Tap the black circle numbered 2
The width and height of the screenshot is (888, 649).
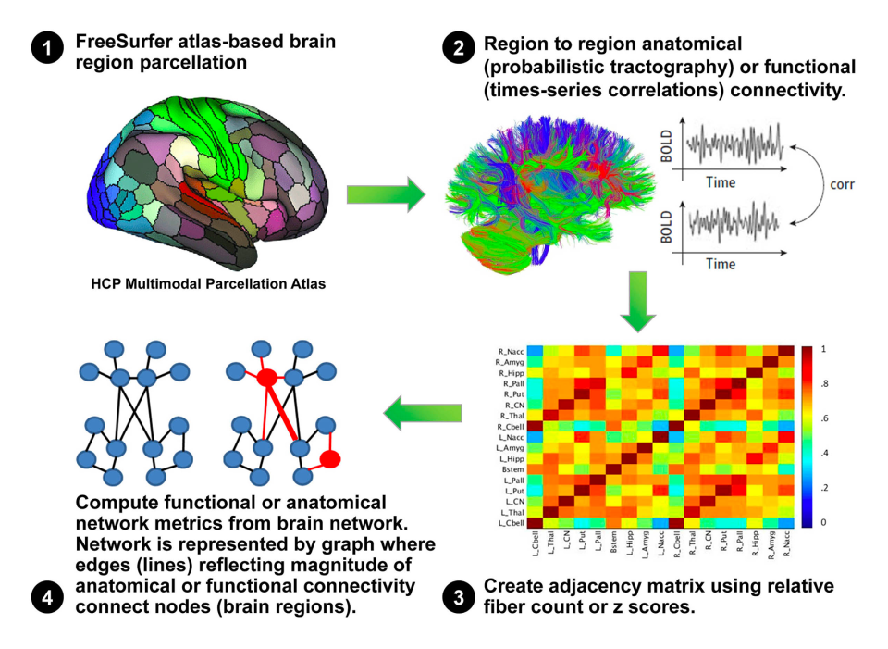click(x=460, y=48)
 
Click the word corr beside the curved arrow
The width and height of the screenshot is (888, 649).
click(x=843, y=184)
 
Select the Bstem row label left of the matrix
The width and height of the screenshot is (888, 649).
click(x=514, y=469)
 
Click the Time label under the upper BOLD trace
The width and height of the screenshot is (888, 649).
click(x=721, y=183)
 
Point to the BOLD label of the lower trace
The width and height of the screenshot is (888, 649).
click(x=668, y=226)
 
